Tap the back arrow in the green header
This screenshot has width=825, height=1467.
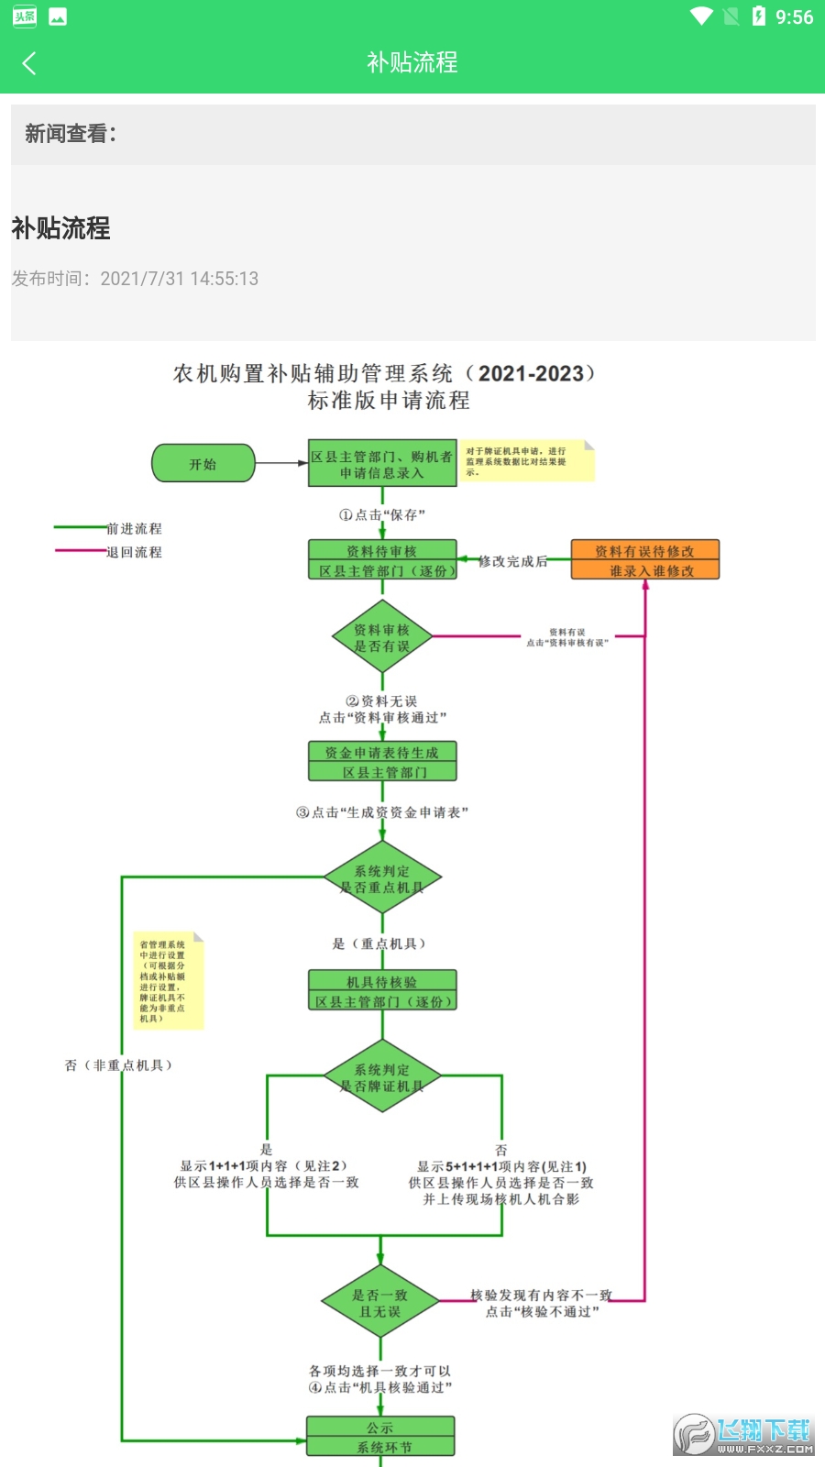(29, 63)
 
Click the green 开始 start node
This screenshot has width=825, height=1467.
(203, 464)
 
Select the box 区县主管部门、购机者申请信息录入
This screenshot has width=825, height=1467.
(382, 464)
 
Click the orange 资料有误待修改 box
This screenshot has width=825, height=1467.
(644, 560)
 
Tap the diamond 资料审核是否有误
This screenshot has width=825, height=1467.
(382, 637)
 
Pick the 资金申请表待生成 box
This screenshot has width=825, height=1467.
(382, 762)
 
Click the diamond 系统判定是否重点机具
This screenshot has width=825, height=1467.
(382, 878)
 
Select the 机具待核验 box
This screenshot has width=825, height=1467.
(382, 991)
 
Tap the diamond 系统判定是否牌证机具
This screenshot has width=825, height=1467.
(382, 1077)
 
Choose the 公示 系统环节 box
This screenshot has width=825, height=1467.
(380, 1437)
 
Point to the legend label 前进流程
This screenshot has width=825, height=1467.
(135, 529)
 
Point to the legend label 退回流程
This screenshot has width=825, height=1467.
(135, 552)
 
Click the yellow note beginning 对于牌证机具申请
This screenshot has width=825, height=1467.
(526, 461)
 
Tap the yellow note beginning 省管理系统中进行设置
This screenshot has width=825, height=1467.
(167, 981)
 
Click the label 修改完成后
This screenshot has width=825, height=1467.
(513, 561)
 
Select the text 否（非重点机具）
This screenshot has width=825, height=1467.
(119, 1065)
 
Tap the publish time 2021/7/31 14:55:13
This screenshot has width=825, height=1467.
(179, 279)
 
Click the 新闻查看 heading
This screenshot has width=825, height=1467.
(71, 134)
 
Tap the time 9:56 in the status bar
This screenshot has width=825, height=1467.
(794, 17)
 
